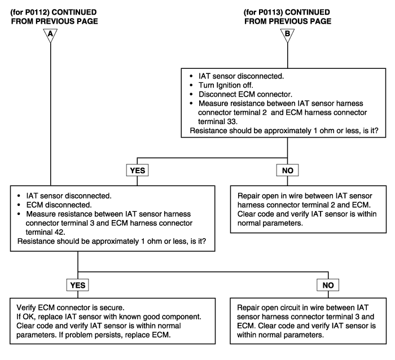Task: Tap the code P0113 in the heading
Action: click(269, 12)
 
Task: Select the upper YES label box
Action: click(137, 170)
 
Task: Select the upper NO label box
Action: click(287, 170)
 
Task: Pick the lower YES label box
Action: click(78, 285)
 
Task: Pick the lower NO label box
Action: click(328, 285)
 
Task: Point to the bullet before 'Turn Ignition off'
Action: click(191, 85)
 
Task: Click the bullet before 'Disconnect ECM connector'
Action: click(191, 94)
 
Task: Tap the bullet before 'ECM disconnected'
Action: click(19, 205)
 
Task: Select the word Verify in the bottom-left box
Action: click(26, 308)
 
